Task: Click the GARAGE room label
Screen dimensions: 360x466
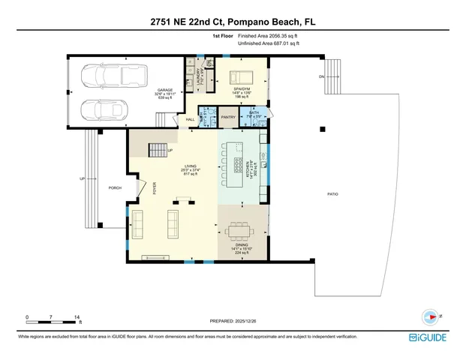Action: click(164, 90)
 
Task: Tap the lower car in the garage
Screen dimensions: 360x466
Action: click(105, 109)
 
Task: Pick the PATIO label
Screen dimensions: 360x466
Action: click(332, 194)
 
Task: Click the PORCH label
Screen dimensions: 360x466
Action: click(115, 187)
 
